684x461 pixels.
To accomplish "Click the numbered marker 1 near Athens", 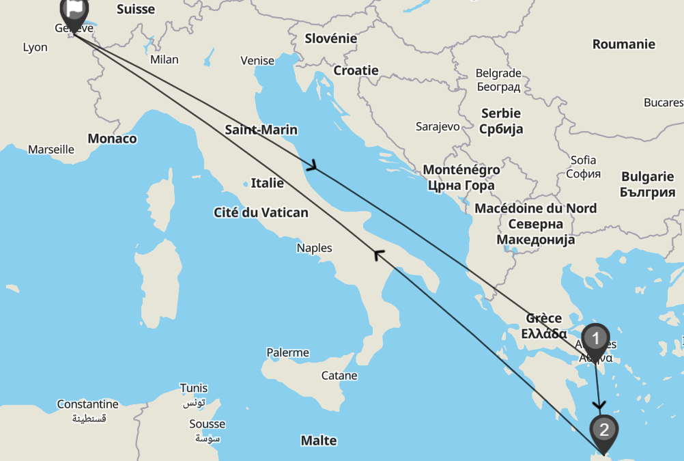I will pos(596,339).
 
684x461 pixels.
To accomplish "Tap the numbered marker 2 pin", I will pos(603,430).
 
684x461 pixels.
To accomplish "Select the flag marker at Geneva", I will pos(74,10).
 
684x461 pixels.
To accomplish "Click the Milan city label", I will pos(164,59).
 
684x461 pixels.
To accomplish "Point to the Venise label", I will pos(257,61).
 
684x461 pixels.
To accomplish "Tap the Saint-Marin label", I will pos(261,130).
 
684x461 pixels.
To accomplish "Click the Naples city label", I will pos(314,248).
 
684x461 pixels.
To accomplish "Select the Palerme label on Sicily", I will pos(287,352).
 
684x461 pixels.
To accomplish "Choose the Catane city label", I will pos(339,375).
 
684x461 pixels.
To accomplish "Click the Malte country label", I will pos(319,441).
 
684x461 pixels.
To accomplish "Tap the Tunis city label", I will pos(193,388).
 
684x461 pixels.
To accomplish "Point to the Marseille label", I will pos(51,149).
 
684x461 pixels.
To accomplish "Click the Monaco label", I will pos(112,139).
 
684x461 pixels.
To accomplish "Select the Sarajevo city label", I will pos(438,126).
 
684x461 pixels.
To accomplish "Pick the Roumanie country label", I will pos(623,44).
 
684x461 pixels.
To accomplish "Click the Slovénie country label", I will pos(330,38).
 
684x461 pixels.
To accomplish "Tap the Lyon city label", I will pos(35,47).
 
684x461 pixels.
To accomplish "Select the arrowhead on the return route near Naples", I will pos(378,255).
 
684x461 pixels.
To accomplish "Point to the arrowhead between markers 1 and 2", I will pos(599,405).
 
